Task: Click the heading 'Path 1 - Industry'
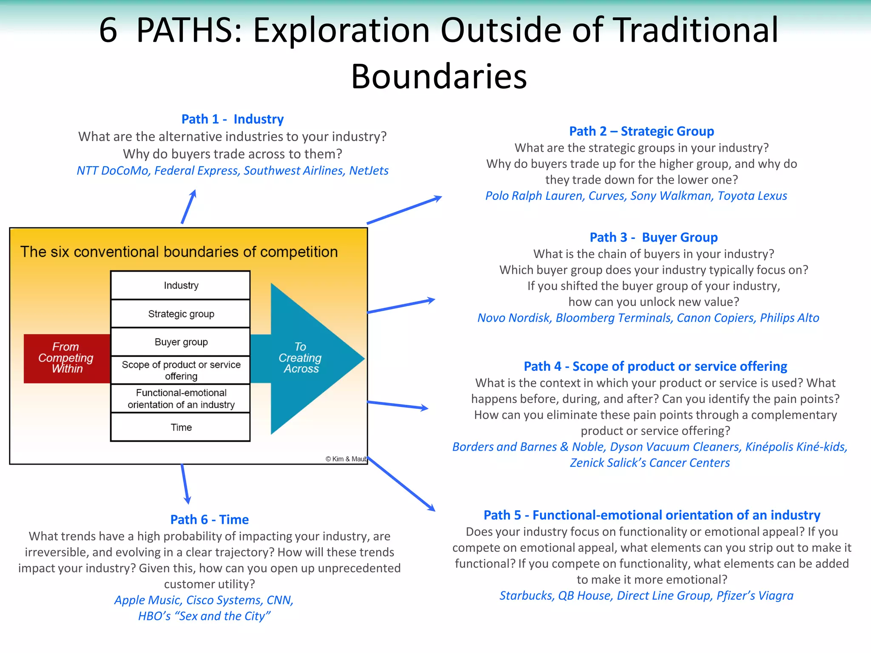click(x=232, y=119)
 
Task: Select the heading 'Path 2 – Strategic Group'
click(x=641, y=131)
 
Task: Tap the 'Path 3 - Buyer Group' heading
click(x=653, y=237)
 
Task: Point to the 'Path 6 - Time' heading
click(x=209, y=520)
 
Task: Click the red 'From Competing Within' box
click(x=66, y=358)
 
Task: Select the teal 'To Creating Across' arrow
click(x=306, y=358)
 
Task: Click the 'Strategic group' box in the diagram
click(x=181, y=314)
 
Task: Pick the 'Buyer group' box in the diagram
click(x=181, y=342)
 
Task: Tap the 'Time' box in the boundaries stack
click(x=181, y=427)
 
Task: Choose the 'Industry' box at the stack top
click(x=181, y=285)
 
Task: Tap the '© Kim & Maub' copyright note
click(x=346, y=459)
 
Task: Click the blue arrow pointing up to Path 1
click(x=188, y=207)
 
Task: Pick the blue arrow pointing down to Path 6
click(x=185, y=484)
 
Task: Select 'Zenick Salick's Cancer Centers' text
click(x=649, y=463)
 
